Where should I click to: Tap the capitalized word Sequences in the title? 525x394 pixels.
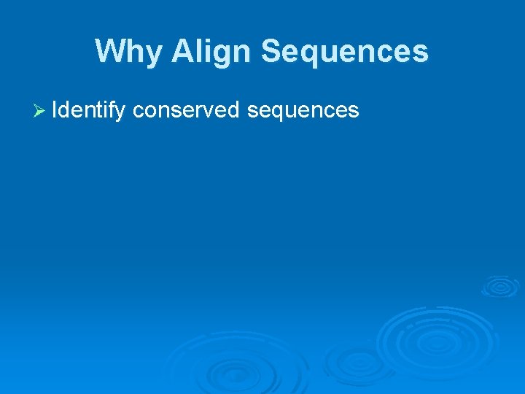(344, 52)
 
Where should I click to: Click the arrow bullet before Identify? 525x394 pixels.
(41, 110)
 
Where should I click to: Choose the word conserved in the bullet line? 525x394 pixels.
(186, 110)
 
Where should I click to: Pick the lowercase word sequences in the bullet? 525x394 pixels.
(303, 110)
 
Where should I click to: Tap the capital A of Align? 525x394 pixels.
(183, 52)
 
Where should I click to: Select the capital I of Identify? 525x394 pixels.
(56, 110)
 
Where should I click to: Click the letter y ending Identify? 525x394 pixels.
(121, 112)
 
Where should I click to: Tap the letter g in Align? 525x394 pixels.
(221, 54)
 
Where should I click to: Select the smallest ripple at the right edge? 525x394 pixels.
(499, 286)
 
